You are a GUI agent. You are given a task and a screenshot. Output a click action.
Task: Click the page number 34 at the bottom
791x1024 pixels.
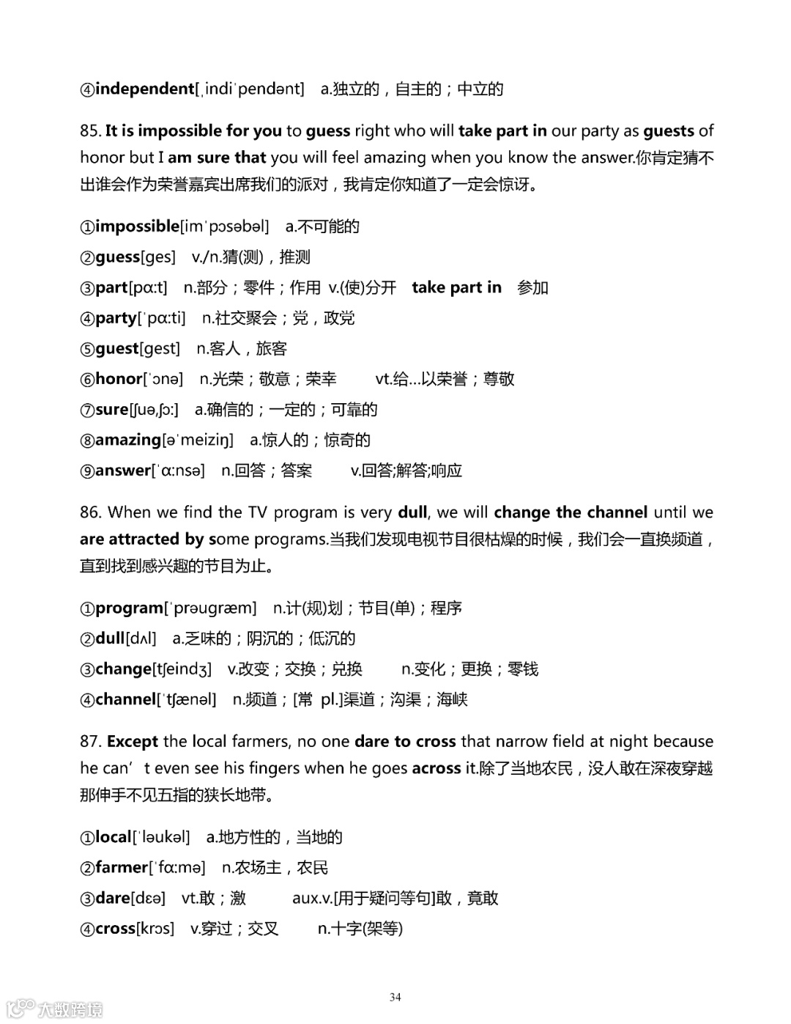coord(395,997)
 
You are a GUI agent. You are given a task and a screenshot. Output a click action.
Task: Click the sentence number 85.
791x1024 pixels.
coord(90,131)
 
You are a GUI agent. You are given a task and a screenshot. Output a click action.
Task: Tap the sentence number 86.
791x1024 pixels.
coord(90,512)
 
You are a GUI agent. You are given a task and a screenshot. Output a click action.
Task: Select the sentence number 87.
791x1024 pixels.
coord(90,742)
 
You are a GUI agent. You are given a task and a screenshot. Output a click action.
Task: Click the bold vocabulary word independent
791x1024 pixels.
coord(144,89)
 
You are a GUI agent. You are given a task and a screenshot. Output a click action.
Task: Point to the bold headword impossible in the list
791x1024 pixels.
coord(137,226)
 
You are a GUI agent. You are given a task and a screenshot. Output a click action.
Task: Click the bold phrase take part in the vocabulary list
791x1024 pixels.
coord(456,287)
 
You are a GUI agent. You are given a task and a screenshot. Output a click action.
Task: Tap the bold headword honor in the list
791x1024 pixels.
coord(119,379)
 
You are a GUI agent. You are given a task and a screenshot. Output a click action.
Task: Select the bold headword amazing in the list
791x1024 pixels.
coord(127,440)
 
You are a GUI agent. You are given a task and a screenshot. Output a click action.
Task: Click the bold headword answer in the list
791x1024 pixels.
coord(122,471)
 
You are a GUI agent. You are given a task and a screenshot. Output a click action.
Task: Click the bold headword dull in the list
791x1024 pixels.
coord(110,638)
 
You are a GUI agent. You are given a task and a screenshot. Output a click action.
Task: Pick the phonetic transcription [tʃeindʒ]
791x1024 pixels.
coord(182,669)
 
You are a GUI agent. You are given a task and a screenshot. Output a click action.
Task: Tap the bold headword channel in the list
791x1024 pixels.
coord(125,699)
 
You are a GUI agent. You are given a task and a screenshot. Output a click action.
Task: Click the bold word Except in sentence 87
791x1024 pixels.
coord(133,742)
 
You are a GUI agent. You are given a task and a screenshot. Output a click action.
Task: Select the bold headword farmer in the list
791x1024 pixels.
coord(122,868)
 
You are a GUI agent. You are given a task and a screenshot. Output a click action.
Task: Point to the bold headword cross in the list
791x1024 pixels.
coord(115,929)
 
